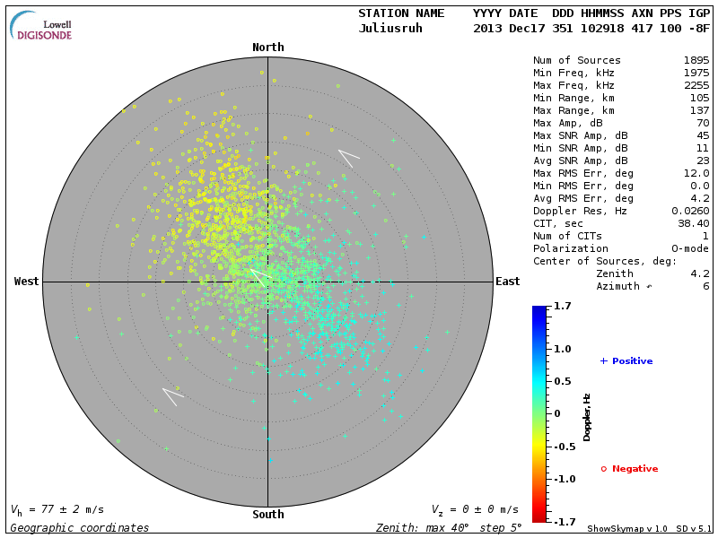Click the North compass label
[x=267, y=48]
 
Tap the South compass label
[x=267, y=515]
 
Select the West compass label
[x=27, y=282]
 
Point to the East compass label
[x=507, y=282]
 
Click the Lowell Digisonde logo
[x=42, y=27]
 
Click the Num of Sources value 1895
[x=696, y=60]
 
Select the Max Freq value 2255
[x=696, y=85]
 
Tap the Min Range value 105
[x=699, y=98]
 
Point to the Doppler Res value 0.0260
[x=689, y=211]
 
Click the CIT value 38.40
[x=693, y=223]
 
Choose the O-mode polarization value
[x=689, y=248]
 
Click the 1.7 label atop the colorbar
[x=563, y=306]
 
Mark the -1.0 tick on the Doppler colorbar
[x=563, y=479]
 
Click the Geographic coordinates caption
[x=80, y=528]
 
